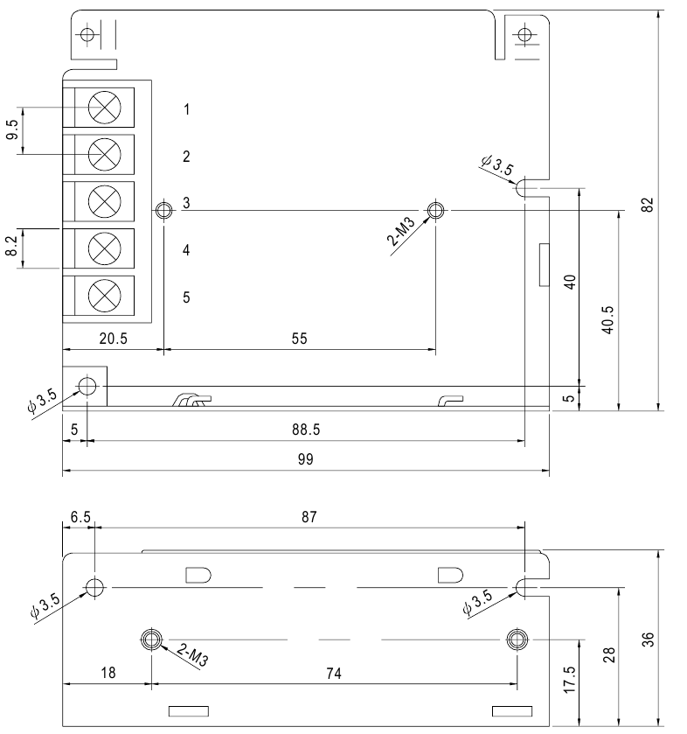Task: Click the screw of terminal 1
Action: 104,108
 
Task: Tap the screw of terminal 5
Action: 104,296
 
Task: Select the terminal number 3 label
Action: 186,203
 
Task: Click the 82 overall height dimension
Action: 647,205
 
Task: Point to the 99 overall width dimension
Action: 305,459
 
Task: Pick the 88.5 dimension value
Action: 306,430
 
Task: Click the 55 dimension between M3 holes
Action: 299,339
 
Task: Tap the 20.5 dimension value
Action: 113,339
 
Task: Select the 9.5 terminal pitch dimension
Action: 12,129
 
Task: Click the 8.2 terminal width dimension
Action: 11,246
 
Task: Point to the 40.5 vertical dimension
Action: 607,319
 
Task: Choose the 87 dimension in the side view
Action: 309,517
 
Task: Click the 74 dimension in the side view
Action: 334,673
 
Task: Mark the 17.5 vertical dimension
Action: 569,679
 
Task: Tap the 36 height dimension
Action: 648,640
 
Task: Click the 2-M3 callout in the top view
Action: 401,231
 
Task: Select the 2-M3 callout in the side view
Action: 192,654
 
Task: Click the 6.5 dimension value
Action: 80,517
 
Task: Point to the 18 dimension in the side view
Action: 108,673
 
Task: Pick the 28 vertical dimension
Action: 608,655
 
